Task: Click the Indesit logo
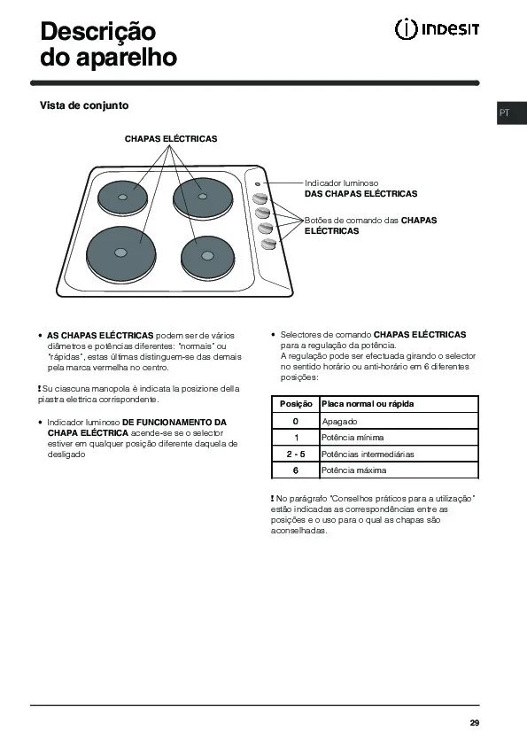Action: (437, 30)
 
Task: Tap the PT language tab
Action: (504, 113)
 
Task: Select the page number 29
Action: (475, 724)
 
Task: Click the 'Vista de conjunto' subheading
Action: (84, 105)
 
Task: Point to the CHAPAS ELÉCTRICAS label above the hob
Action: (171, 139)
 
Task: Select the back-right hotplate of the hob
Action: (203, 197)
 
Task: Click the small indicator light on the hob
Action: (256, 183)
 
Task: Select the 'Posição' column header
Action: (296, 404)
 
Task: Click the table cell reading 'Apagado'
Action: (340, 421)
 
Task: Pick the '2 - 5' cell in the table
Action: (296, 455)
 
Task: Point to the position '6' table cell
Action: (296, 470)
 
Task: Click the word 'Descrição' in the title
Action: (98, 32)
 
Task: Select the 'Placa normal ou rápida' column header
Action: (368, 404)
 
